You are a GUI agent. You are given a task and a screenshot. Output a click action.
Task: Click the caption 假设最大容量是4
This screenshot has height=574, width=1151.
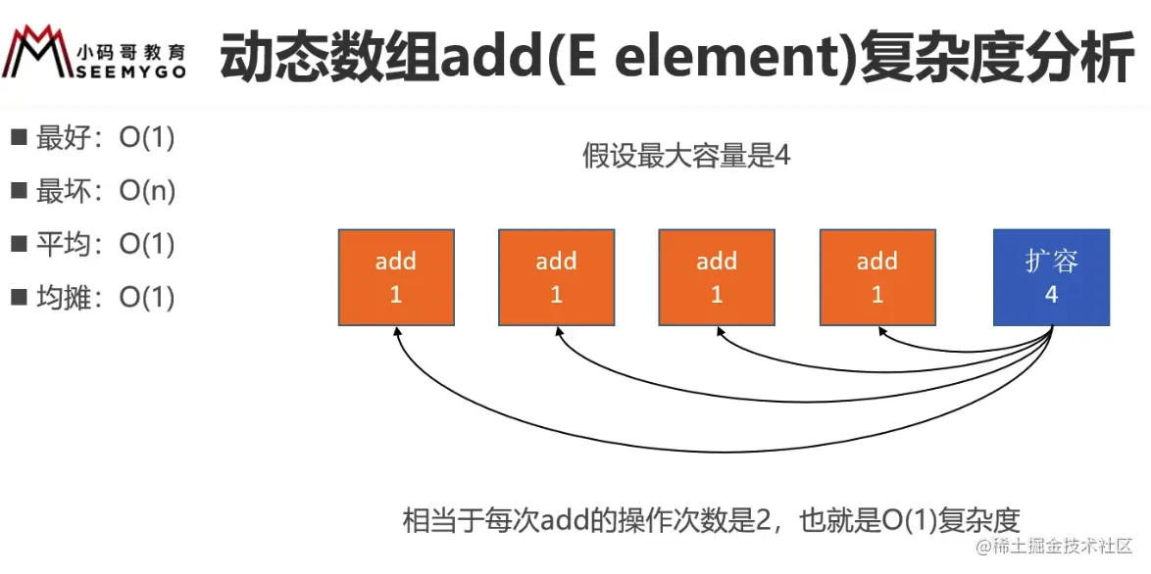685,156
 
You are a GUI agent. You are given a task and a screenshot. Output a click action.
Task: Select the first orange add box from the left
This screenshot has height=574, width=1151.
396,277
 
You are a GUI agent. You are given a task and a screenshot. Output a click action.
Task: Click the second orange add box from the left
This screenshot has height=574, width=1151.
556,277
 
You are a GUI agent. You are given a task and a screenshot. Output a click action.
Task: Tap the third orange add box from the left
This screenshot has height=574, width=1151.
717,277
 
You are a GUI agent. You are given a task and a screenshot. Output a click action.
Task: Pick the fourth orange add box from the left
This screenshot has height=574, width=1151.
877,277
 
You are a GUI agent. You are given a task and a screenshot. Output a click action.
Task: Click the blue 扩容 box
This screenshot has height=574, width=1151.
1051,277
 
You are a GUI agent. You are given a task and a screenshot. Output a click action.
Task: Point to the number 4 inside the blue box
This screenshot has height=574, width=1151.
1051,294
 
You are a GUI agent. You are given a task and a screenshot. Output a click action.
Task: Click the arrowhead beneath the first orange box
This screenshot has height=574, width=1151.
397,332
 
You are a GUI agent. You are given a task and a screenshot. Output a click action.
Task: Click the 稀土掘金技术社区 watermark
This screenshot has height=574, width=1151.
1061,546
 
